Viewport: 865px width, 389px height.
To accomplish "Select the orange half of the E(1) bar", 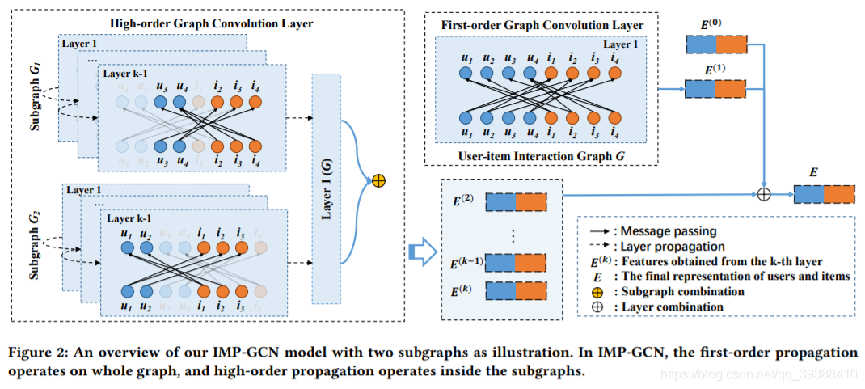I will pos(732,87).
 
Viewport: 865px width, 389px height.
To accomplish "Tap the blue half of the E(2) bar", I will pos(500,203).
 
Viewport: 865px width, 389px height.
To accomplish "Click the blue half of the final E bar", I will pos(809,194).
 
